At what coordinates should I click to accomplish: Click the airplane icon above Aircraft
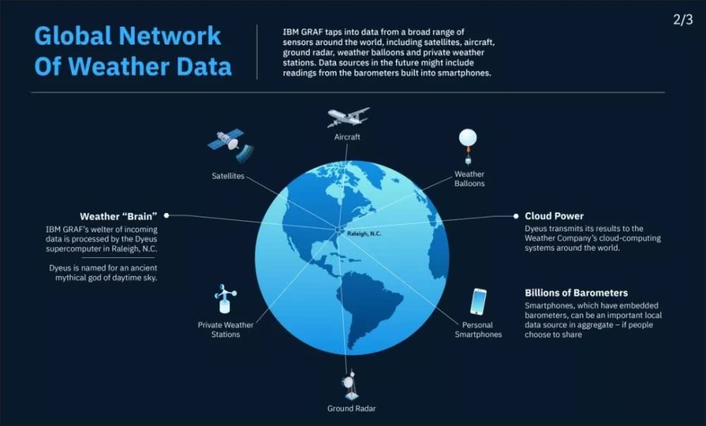[x=348, y=117]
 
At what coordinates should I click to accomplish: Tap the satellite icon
[x=230, y=144]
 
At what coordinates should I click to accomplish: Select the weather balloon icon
[x=468, y=146]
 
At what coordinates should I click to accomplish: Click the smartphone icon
[x=478, y=302]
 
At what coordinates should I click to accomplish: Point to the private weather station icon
[x=225, y=299]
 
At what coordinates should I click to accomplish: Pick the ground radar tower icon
[x=351, y=385]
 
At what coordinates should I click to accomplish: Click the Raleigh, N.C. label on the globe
[x=364, y=234]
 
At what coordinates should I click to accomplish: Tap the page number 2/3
[x=683, y=20]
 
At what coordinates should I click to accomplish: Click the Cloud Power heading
[x=554, y=216]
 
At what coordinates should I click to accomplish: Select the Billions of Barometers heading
[x=576, y=292]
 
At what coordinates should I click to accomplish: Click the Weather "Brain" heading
[x=119, y=216]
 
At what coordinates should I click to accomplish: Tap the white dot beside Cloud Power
[x=516, y=216]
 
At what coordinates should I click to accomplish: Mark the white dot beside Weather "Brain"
[x=167, y=215]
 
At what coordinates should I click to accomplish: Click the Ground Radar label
[x=351, y=408]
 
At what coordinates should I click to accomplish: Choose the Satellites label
[x=228, y=176]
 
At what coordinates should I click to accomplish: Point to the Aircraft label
[x=347, y=137]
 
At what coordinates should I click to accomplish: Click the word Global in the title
[x=73, y=36]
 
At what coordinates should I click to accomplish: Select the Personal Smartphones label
[x=478, y=330]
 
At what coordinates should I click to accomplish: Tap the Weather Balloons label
[x=469, y=179]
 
